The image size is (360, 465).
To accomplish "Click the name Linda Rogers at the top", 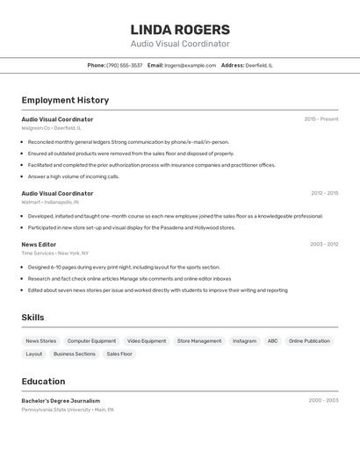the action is click(180, 29).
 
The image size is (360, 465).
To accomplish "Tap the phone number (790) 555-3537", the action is click(124, 65).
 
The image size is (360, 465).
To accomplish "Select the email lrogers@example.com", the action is click(190, 65).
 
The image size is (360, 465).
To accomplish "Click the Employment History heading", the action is click(65, 100).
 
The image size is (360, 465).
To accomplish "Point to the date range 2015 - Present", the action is click(321, 119).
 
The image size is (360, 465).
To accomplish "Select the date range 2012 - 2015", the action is click(324, 193).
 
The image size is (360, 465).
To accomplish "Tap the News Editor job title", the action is click(39, 245).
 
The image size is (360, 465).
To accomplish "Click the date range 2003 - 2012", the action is click(324, 245).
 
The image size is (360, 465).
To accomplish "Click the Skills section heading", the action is click(33, 318).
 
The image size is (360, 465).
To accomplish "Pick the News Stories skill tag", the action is click(40, 341).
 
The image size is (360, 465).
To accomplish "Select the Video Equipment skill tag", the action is click(146, 341).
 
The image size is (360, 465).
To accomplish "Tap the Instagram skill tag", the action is click(244, 341).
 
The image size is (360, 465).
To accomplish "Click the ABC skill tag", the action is click(273, 341).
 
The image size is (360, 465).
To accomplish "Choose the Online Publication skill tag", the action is click(309, 341).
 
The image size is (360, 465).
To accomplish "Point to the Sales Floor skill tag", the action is click(119, 354).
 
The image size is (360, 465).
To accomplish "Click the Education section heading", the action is click(43, 382).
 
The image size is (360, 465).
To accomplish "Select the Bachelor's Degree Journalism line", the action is click(61, 401).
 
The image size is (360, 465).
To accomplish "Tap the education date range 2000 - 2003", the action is click(323, 401).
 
